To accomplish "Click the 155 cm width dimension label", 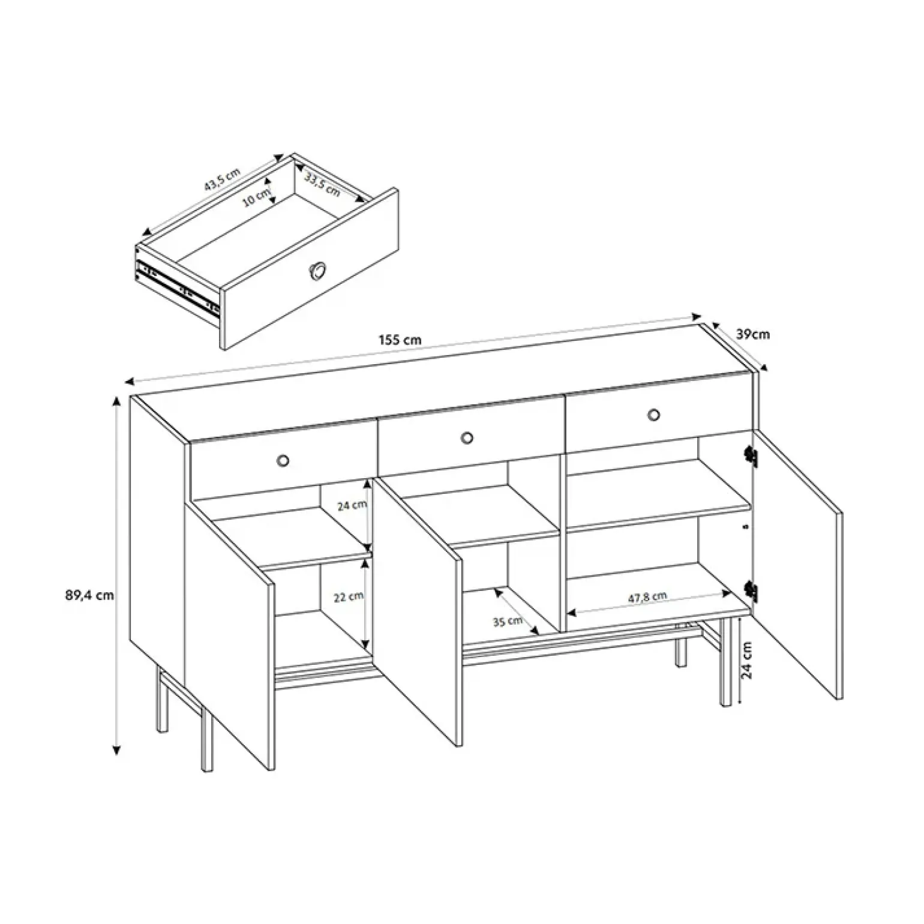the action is pos(400,340).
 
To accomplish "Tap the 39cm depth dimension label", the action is pos(752,334).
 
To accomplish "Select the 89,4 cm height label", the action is pos(89,596).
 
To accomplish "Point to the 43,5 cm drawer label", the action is pos(222,178).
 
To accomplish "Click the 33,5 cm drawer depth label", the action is pos(322,184).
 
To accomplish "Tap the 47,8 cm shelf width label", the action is pos(647,598).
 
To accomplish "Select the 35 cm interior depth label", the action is pos(508,621).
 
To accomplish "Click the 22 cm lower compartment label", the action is pos(349,597).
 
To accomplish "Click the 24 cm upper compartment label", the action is pos(352,505).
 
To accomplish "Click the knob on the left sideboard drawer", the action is pos(283,460).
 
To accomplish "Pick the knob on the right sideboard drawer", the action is pos(653,414).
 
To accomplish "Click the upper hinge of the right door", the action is pos(750,456).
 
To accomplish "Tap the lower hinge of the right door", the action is pos(750,591).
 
